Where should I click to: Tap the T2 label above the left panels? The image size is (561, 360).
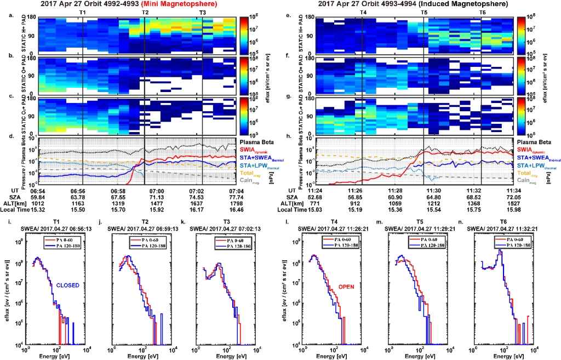coord(144,12)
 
